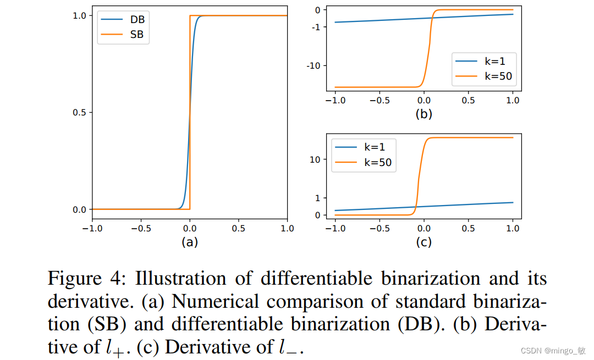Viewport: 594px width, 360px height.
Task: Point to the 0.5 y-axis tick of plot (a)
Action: tap(79, 113)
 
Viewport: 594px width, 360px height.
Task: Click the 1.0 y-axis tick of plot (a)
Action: tap(79, 16)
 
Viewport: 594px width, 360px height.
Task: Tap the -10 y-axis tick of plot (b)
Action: tap(314, 65)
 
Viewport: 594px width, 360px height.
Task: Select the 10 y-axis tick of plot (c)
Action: tap(315, 159)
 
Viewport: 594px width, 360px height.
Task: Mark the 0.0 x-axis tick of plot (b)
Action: tap(424, 101)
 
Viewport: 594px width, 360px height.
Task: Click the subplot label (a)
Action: tap(189, 242)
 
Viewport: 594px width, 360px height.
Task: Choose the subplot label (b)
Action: tap(424, 114)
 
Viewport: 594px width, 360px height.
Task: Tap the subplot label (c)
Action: tap(424, 242)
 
